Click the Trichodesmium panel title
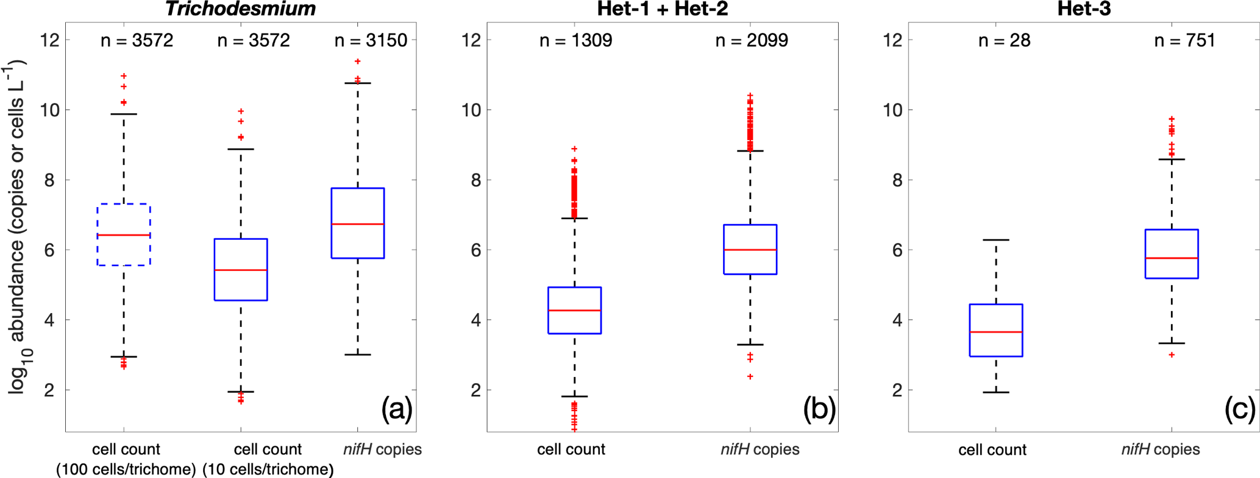pyautogui.click(x=241, y=9)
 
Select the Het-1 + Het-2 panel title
pyautogui.click(x=663, y=9)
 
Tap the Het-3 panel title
pyautogui.click(x=1084, y=9)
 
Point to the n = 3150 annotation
pyautogui.click(x=371, y=41)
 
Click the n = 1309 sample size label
pyautogui.click(x=575, y=41)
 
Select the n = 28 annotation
pyautogui.click(x=1004, y=41)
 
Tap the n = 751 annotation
pyautogui.click(x=1184, y=41)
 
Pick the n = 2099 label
pyautogui.click(x=751, y=41)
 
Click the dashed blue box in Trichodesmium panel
pyautogui.click(x=124, y=205)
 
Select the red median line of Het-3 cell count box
pyautogui.click(x=996, y=332)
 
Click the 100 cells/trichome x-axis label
pyautogui.click(x=126, y=469)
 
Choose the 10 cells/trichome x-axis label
pyautogui.click(x=268, y=469)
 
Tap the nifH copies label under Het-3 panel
pyautogui.click(x=1160, y=449)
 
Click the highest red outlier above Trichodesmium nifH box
pyautogui.click(x=358, y=62)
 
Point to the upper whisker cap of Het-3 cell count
pyautogui.click(x=996, y=240)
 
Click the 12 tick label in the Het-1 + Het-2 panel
pyautogui.click(x=472, y=41)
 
